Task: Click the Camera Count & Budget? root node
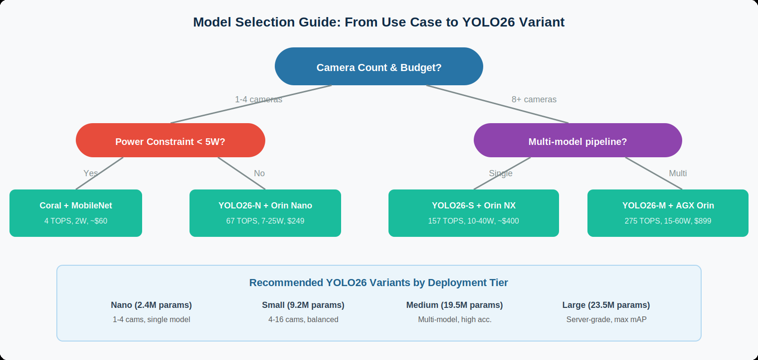(x=379, y=67)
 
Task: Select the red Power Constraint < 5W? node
(x=171, y=141)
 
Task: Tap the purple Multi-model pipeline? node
(x=578, y=141)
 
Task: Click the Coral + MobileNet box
(x=76, y=213)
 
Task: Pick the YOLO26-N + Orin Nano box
(x=265, y=213)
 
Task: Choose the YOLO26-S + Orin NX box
(x=474, y=213)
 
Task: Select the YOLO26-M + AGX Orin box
(x=668, y=213)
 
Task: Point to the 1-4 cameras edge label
(x=259, y=99)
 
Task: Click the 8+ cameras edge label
(x=534, y=99)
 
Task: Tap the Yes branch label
(x=90, y=173)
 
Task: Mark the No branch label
(x=259, y=173)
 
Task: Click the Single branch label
(x=501, y=173)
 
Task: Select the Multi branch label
(x=677, y=173)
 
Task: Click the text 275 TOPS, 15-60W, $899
(x=668, y=221)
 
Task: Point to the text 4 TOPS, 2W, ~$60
(x=76, y=221)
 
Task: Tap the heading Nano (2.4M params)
(x=151, y=305)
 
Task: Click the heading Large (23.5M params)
(x=606, y=305)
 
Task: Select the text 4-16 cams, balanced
(x=303, y=320)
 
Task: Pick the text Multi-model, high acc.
(x=455, y=320)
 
